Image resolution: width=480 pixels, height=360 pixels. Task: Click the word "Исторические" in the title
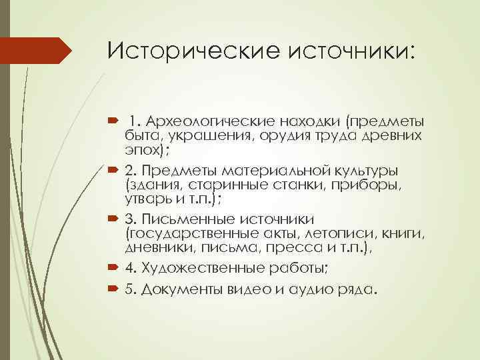click(179, 51)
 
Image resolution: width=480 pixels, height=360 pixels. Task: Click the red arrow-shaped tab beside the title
click(36, 51)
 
